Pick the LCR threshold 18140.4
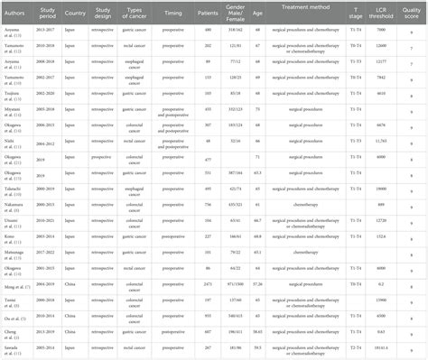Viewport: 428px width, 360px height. coord(380,347)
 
